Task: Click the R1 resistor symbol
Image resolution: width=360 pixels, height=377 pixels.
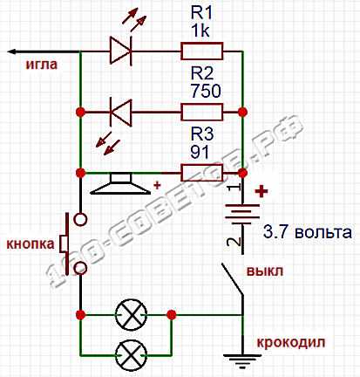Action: tap(202, 51)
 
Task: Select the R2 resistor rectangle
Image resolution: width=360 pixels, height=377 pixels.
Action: tap(202, 112)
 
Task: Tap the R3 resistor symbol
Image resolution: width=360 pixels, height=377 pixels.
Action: tap(202, 173)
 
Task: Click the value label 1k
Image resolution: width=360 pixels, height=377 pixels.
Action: tap(200, 31)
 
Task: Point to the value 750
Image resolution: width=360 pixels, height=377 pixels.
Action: tap(206, 91)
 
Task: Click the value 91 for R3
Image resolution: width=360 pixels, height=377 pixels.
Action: tap(200, 152)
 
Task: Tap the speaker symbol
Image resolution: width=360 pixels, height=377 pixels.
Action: tap(120, 183)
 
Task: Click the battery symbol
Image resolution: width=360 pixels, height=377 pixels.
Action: tap(242, 215)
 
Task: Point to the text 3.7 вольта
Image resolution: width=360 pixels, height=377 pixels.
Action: tap(308, 232)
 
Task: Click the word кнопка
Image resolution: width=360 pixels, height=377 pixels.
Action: tap(31, 243)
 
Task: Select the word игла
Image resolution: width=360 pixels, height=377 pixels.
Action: tap(42, 65)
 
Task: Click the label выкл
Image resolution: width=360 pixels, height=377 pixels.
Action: tap(265, 271)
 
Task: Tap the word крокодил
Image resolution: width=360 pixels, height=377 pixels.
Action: tap(291, 343)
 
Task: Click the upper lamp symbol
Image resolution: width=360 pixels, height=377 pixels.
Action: tap(131, 314)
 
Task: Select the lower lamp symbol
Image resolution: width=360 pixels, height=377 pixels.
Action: tap(131, 355)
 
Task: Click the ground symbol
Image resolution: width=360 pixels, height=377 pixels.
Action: tap(242, 360)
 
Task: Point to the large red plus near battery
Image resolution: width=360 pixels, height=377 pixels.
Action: tap(262, 191)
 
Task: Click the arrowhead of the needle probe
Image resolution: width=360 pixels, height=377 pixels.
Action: tap(11, 51)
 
